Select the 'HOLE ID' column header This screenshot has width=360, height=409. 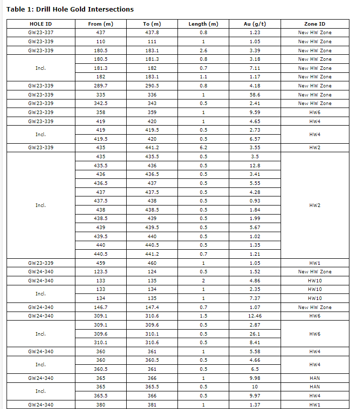(40, 24)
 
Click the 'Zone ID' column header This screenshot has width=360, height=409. (315, 24)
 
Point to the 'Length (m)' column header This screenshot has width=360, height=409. (203, 24)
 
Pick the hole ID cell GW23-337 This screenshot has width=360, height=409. (40, 33)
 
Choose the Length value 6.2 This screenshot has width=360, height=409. (203, 148)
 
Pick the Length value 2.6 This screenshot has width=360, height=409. (203, 50)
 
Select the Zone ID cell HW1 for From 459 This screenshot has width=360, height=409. (315, 263)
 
